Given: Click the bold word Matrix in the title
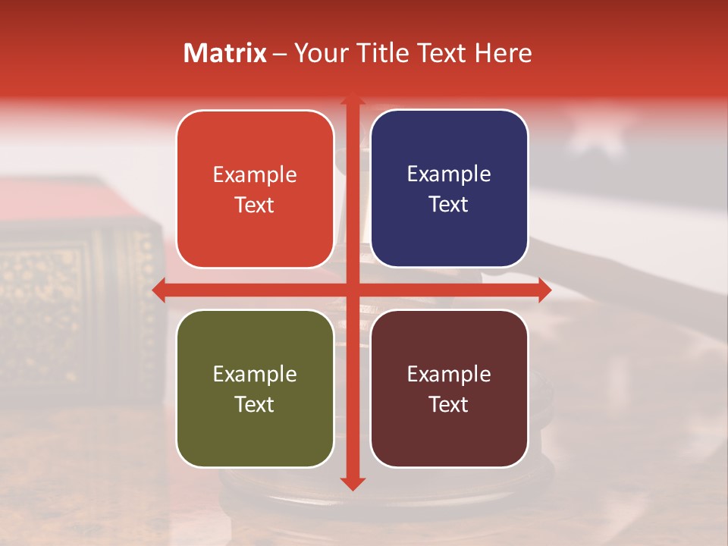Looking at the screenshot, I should [x=225, y=53].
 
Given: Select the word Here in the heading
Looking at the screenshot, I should [x=503, y=53].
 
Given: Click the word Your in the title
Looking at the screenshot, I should [x=321, y=53].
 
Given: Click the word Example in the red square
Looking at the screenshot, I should [x=255, y=175].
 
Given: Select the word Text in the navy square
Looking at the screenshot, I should [x=449, y=205].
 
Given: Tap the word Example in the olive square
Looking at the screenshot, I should [x=255, y=374].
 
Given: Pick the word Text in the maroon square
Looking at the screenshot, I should [x=449, y=404].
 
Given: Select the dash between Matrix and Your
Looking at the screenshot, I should [x=280, y=54].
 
